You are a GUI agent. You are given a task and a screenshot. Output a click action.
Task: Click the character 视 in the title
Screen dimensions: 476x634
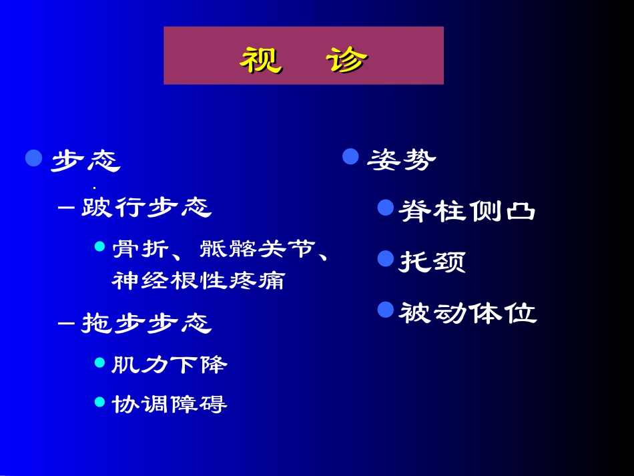click(261, 59)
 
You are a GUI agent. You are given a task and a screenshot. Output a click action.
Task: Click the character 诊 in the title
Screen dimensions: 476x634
click(347, 59)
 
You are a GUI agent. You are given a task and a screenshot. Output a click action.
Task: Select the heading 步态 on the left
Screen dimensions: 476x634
click(85, 160)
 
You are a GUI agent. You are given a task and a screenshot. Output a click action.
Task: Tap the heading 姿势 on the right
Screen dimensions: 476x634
click(402, 159)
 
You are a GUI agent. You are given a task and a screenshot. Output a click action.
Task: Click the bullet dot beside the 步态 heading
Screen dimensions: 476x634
click(34, 158)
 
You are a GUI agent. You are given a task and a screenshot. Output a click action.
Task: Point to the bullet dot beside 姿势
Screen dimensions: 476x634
click(351, 156)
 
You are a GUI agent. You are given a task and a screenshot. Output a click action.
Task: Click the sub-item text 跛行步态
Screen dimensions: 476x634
click(146, 208)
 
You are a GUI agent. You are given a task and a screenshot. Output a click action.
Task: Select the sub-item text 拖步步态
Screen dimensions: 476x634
click(146, 323)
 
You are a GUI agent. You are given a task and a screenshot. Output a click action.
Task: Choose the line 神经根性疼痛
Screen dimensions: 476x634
click(198, 280)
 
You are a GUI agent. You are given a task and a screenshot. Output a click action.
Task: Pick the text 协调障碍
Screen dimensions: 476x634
click(170, 404)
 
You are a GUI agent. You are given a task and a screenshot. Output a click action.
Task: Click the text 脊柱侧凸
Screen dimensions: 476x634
click(467, 210)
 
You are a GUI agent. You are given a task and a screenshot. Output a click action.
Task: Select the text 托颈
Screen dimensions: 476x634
click(432, 261)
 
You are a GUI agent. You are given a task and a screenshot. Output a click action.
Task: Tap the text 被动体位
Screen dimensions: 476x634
click(467, 312)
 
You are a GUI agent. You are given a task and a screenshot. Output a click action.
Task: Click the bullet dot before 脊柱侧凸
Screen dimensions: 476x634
click(385, 208)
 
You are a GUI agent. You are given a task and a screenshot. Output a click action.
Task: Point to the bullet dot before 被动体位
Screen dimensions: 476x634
click(385, 309)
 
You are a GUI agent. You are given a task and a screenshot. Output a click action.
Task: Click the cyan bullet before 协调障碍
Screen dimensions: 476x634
click(100, 401)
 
